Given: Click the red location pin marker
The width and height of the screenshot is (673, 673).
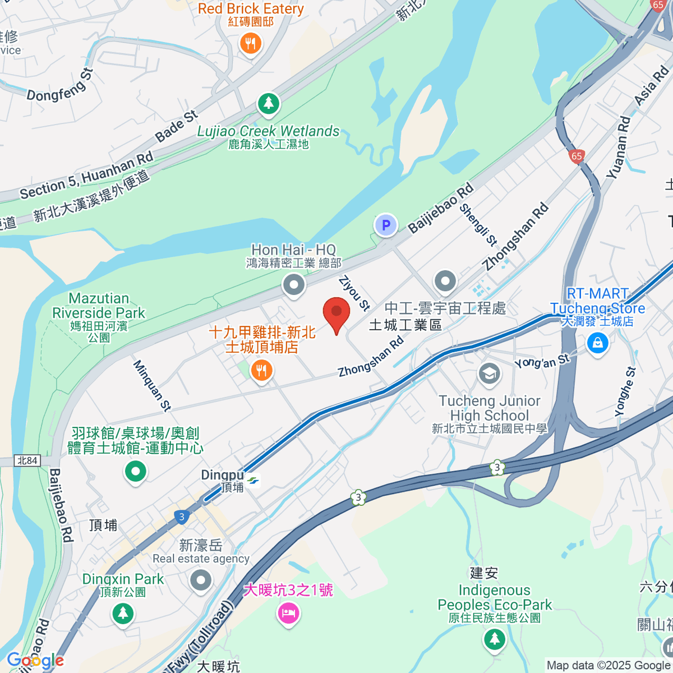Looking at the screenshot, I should pos(336,313).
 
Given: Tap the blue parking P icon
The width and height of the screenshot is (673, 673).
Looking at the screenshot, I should pos(385,225).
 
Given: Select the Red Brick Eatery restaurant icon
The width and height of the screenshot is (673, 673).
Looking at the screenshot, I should pos(251,43).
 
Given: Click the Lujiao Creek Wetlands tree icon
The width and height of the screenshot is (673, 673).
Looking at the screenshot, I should pos(269,103).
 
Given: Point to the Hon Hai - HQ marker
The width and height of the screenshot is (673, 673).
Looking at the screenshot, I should pos(293,284).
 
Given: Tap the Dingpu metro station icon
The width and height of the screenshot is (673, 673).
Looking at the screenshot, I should pos(253,481).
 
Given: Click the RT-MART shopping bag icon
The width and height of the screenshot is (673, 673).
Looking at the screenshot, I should pos(597,342).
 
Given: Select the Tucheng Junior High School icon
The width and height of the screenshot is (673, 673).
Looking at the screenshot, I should pos(489,373).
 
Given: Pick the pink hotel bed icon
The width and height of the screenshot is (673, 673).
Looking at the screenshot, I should pos(288,613).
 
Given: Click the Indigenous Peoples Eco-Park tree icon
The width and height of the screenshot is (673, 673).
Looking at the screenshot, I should pos(494,639).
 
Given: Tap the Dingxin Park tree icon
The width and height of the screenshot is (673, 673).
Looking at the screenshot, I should pos(123,614).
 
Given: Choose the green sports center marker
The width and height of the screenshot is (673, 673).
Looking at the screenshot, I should pos(135,471).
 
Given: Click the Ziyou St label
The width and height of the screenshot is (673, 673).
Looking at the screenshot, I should pos(354,293).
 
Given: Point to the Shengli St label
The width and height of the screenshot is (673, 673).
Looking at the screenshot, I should pos(478,225).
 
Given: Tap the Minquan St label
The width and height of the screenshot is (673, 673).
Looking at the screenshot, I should pos(151,385).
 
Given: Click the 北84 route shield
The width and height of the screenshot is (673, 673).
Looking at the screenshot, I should pos(27,460).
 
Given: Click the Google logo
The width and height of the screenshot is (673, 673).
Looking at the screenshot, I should pos(35,661).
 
